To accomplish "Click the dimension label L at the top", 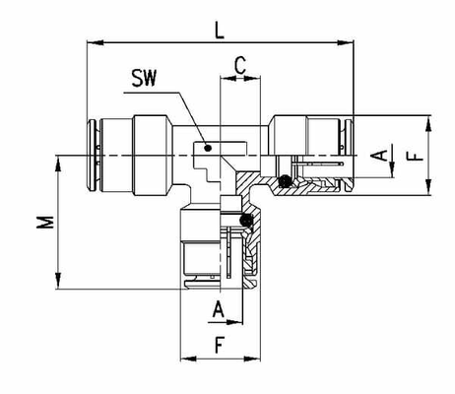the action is [220, 31].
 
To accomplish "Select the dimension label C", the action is [240, 65].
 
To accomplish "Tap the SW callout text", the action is [144, 78].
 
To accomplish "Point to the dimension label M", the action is [45, 222].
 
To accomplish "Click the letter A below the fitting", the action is [219, 309].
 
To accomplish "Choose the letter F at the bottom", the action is [220, 345].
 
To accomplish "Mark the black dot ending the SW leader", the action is [208, 148].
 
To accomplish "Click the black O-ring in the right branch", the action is [285, 181].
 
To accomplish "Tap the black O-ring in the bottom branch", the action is [246, 221].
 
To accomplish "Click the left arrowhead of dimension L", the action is [96, 42].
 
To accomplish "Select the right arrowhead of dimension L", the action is [346, 42].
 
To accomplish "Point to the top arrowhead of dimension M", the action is [58, 164].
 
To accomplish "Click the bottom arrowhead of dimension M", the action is [58, 281].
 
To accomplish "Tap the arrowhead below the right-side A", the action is [392, 169].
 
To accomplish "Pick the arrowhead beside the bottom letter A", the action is [234, 322].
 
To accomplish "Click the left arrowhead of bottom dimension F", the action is [189, 359].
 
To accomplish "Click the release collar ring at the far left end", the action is [92, 155].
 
